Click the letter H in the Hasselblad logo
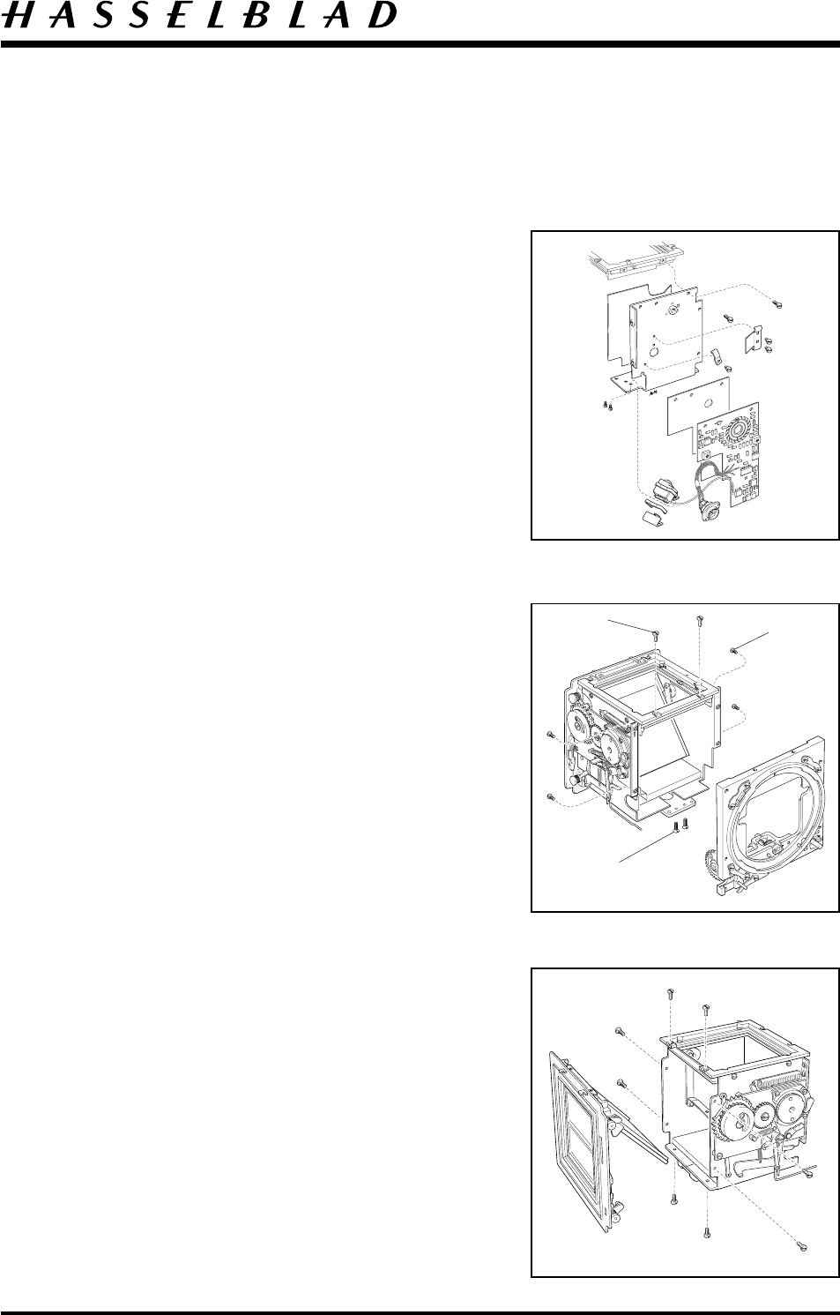[x=19, y=17]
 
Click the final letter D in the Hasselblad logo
[x=380, y=17]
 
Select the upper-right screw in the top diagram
[x=777, y=303]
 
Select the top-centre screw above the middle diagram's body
[x=699, y=621]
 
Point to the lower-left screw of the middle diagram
[x=550, y=797]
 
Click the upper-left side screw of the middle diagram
[x=550, y=734]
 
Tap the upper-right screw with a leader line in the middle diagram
[x=733, y=650]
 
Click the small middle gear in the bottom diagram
[x=763, y=1120]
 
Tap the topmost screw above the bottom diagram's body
[x=672, y=994]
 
